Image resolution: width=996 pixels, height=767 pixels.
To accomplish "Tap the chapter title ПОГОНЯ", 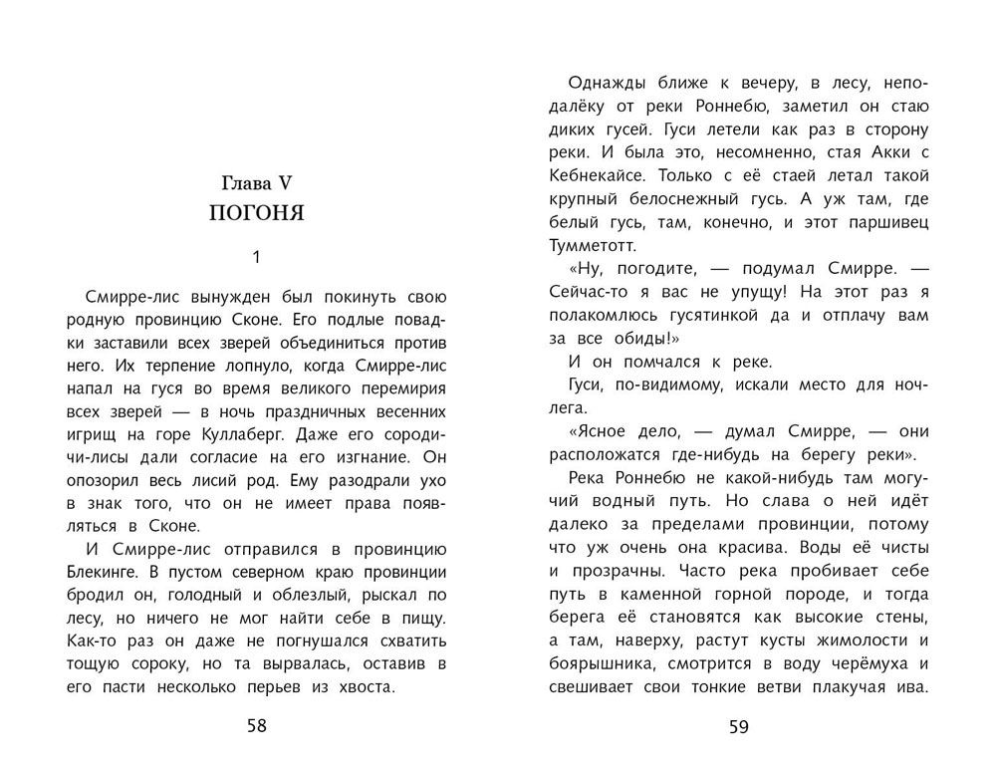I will point(256,213).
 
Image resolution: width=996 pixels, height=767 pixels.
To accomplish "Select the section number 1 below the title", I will point(256,258).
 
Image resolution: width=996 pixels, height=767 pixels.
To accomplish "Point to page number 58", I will point(257,725).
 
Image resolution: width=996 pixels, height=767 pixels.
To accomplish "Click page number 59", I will point(738,726).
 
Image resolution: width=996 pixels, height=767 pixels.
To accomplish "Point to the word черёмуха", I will point(864,662).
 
